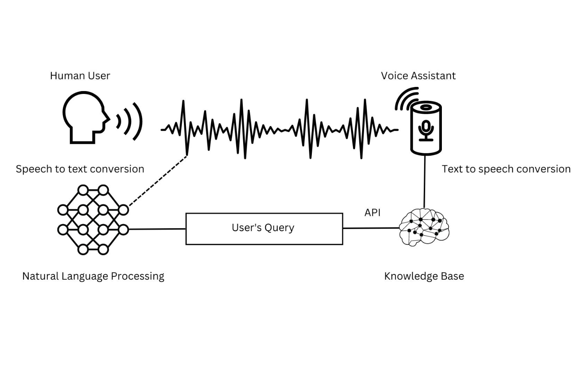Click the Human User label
[80, 76]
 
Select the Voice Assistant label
[418, 76]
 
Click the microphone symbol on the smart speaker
[426, 131]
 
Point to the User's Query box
[264, 229]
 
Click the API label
[372, 213]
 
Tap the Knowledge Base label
[424, 276]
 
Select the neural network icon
[93, 220]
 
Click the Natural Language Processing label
[93, 276]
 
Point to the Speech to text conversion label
[80, 169]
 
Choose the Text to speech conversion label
[506, 169]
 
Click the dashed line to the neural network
[158, 180]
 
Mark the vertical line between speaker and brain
[425, 181]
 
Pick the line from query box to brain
[370, 228]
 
